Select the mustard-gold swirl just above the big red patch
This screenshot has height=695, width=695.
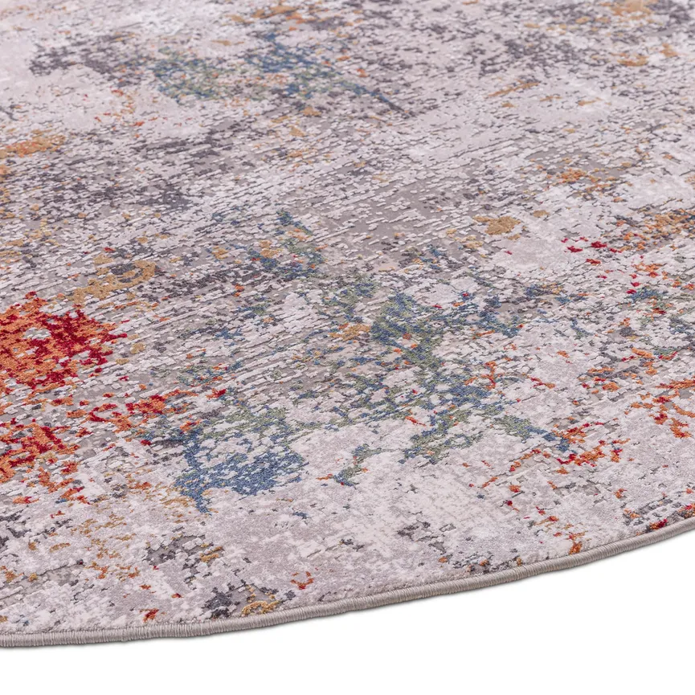[x=121, y=277]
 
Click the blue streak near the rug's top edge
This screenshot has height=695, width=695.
[x=273, y=60]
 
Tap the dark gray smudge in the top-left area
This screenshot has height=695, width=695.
[x=56, y=60]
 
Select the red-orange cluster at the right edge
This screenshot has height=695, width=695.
[x=671, y=402]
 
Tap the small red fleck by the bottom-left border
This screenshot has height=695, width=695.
[x=149, y=615]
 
